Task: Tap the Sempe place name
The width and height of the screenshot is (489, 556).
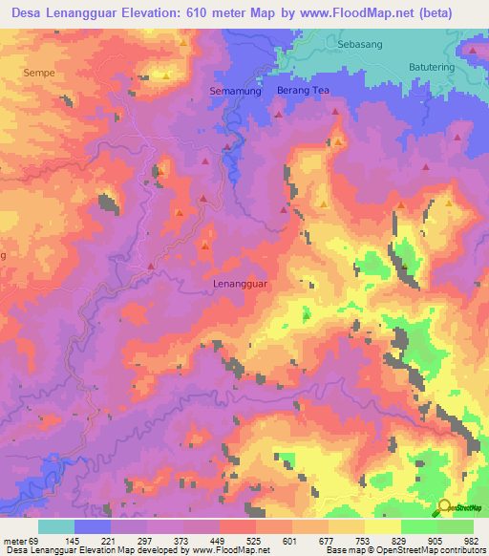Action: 39,71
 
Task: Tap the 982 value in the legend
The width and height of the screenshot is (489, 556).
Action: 470,541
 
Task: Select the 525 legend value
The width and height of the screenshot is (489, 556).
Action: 251,541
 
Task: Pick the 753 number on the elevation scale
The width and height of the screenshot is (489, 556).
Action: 360,541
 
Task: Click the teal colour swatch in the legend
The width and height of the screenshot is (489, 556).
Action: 56,526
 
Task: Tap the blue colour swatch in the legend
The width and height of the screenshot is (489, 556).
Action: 93,526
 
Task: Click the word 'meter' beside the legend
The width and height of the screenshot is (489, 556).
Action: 14,541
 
